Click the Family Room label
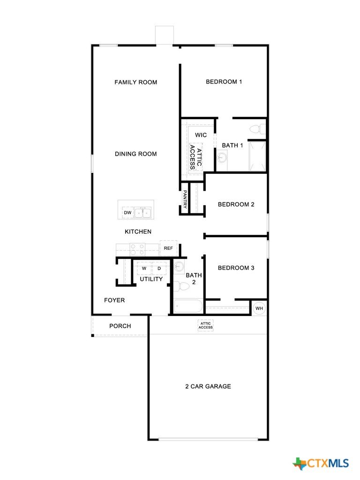pyautogui.click(x=135, y=82)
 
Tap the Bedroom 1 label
pyautogui.click(x=224, y=82)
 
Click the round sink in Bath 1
pyautogui.click(x=222, y=157)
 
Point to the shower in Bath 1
pyautogui.click(x=257, y=156)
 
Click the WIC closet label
pyautogui.click(x=201, y=135)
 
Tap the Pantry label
pyautogui.click(x=185, y=199)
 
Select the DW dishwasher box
pyautogui.click(x=128, y=212)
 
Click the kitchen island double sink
pyautogui.click(x=143, y=212)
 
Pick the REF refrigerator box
pyautogui.click(x=168, y=248)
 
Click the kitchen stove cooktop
pyautogui.click(x=137, y=249)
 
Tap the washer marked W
pyautogui.click(x=144, y=269)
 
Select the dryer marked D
pyautogui.click(x=159, y=269)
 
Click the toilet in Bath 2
pyautogui.click(x=182, y=286)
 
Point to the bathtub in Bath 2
pyautogui.click(x=188, y=306)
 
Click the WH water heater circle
pyautogui.click(x=259, y=308)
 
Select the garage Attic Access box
pyautogui.click(x=205, y=325)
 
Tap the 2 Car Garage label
pyautogui.click(x=208, y=386)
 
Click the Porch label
pyautogui.click(x=120, y=326)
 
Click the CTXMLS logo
pyautogui.click(x=321, y=464)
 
